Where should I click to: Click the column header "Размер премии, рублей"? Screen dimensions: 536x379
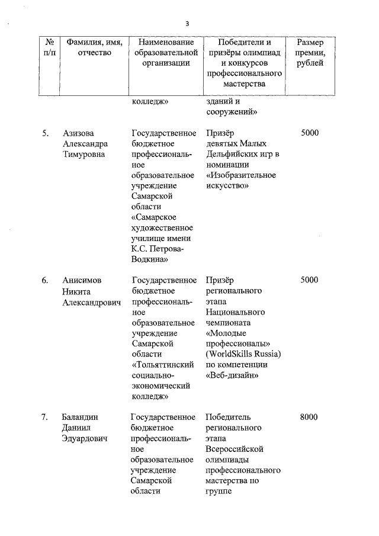pyautogui.click(x=310, y=53)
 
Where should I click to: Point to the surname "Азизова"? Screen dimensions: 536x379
pyautogui.click(x=78, y=133)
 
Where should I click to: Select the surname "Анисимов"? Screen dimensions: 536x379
pyautogui.click(x=83, y=281)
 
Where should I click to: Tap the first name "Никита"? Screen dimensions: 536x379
pyautogui.click(x=76, y=291)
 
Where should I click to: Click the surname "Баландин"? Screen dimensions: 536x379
pyautogui.click(x=82, y=417)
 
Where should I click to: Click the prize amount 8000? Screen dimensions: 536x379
pyautogui.click(x=309, y=417)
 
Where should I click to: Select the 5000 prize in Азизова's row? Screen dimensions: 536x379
pyautogui.click(x=309, y=133)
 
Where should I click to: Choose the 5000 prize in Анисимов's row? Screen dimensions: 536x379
pyautogui.click(x=309, y=281)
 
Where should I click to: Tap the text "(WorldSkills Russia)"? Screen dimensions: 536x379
pyautogui.click(x=243, y=354)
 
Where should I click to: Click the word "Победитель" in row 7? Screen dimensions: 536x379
pyautogui.click(x=229, y=417)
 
